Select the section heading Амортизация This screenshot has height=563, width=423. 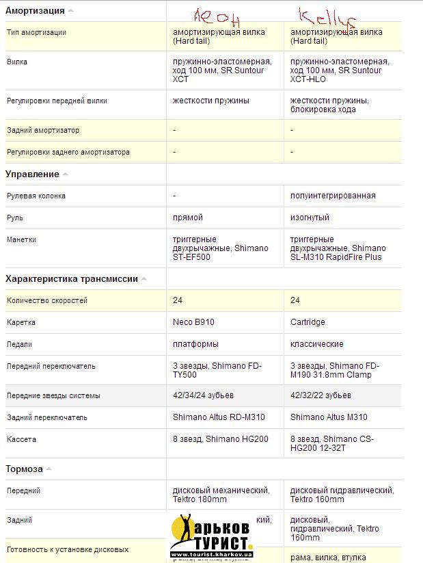[35, 10]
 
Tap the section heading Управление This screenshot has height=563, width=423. [32, 174]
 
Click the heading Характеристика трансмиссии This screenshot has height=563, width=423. [72, 278]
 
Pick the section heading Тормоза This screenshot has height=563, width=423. [24, 469]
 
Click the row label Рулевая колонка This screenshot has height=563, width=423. [36, 196]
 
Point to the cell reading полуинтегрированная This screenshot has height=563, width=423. [333, 196]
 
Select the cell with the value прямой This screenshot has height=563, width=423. [188, 218]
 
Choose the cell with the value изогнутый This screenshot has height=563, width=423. [310, 218]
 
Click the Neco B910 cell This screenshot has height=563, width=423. [193, 322]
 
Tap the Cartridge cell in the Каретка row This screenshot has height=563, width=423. [308, 322]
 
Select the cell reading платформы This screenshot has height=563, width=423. [195, 344]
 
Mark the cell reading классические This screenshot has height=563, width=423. [316, 344]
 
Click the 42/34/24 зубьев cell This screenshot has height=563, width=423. [203, 395]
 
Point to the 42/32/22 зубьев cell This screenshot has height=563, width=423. [320, 395]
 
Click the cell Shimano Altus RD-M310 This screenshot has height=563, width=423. [219, 417]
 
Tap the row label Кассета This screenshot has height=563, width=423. [21, 439]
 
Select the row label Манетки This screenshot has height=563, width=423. [22, 239]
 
